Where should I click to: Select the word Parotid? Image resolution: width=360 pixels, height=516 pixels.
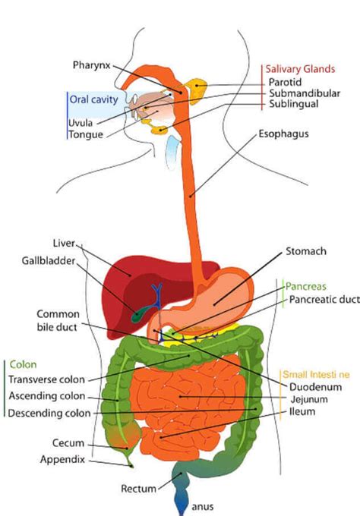pyautogui.click(x=285, y=82)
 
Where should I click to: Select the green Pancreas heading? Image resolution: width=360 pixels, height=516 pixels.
pyautogui.click(x=305, y=287)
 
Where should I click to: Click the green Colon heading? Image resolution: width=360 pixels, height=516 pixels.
pyautogui.click(x=23, y=364)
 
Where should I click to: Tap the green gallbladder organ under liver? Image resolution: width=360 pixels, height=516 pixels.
pyautogui.click(x=138, y=313)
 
